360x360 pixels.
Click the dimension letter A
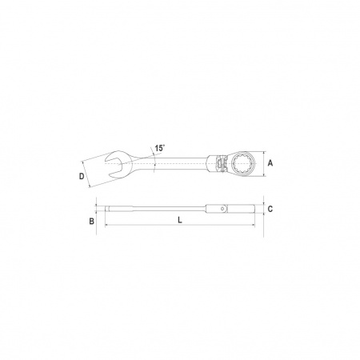pyautogui.click(x=270, y=163)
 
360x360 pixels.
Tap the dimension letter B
pyautogui.click(x=91, y=221)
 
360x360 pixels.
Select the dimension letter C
pyautogui.click(x=270, y=209)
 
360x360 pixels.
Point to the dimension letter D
pyautogui.click(x=82, y=176)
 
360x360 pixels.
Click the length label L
pyautogui.click(x=180, y=220)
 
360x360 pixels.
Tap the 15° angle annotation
pyautogui.click(x=160, y=148)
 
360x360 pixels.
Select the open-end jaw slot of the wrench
pyautogui.click(x=114, y=164)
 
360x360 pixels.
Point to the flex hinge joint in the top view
pyautogui.click(x=221, y=163)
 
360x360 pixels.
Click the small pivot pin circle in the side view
pyautogui.click(x=222, y=209)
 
